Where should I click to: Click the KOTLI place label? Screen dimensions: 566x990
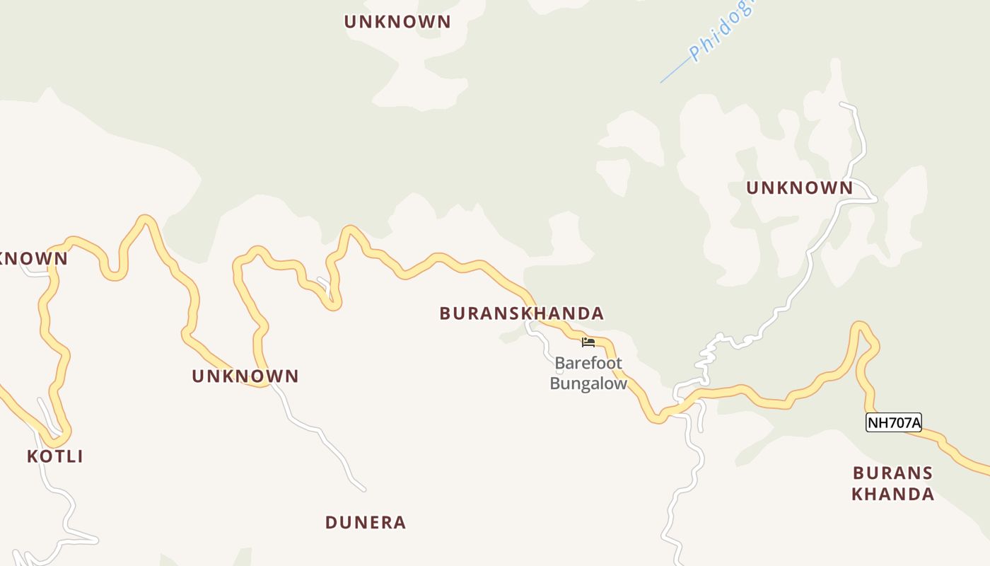tap(55, 456)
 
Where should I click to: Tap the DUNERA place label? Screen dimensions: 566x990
tap(366, 523)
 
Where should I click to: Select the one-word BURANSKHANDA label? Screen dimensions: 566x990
tap(522, 313)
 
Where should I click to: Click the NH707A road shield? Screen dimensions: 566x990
tap(894, 422)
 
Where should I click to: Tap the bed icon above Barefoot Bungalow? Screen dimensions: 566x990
tap(588, 342)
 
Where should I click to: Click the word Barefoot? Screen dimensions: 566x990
tap(588, 364)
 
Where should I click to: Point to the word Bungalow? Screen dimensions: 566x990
tap(588, 384)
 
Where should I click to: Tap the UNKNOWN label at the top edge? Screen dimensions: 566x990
tap(397, 22)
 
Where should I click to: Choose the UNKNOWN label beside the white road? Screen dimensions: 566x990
tap(800, 187)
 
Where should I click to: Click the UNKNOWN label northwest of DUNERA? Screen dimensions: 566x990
tap(245, 376)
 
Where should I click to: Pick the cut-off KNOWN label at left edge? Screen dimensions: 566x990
tap(34, 259)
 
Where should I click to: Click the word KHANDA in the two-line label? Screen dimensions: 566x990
tap(892, 494)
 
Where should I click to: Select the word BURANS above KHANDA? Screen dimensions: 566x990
tap(892, 473)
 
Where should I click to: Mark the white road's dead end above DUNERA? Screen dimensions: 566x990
tap(363, 488)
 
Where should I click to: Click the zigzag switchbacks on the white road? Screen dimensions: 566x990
tap(707, 357)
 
